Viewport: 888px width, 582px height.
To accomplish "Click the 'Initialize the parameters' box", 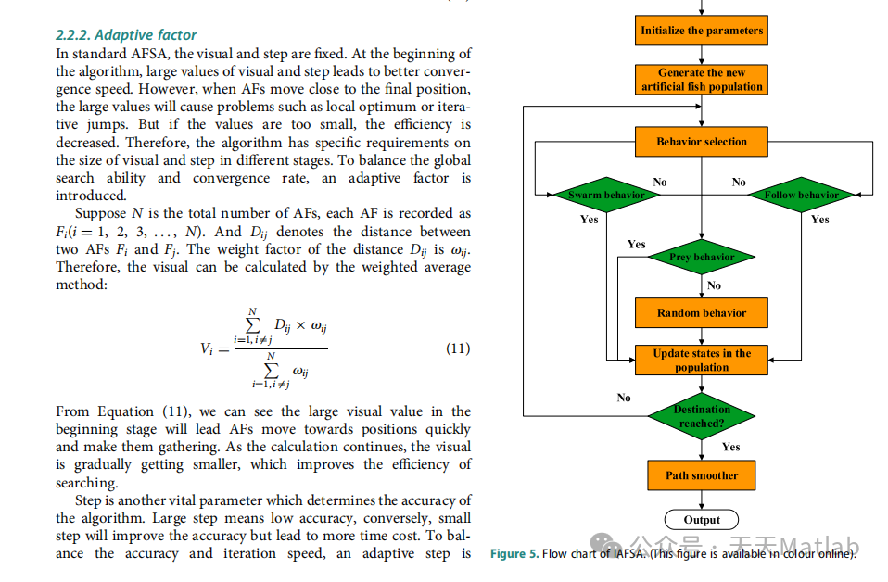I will tap(702, 31).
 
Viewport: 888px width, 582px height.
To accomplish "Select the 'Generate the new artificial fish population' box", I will tap(702, 80).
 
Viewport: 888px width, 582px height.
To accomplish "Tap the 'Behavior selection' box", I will tap(702, 142).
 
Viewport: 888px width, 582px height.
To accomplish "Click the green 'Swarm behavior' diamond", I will tap(605, 195).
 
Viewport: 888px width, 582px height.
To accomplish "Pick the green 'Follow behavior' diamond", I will tap(801, 195).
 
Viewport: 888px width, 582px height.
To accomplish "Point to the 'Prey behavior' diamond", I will tap(702, 257).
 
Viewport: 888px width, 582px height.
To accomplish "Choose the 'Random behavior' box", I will tap(702, 313).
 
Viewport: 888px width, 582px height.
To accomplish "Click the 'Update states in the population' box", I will tap(702, 361).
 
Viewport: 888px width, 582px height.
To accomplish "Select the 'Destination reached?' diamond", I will tap(702, 416).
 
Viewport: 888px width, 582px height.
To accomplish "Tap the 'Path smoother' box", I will tap(702, 475).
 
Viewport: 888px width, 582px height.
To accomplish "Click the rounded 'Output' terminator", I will tap(702, 520).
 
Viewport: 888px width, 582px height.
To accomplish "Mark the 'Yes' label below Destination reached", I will tap(731, 447).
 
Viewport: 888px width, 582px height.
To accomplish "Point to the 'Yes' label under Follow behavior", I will tap(820, 220).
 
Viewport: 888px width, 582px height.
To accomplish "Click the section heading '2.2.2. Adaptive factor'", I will tap(126, 35).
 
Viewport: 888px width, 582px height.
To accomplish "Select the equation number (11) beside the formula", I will tap(458, 348).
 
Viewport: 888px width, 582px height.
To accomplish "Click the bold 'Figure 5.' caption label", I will tap(514, 553).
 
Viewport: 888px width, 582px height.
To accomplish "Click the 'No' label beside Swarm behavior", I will tap(660, 183).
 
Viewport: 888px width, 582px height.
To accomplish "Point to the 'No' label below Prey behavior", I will tap(714, 285).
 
